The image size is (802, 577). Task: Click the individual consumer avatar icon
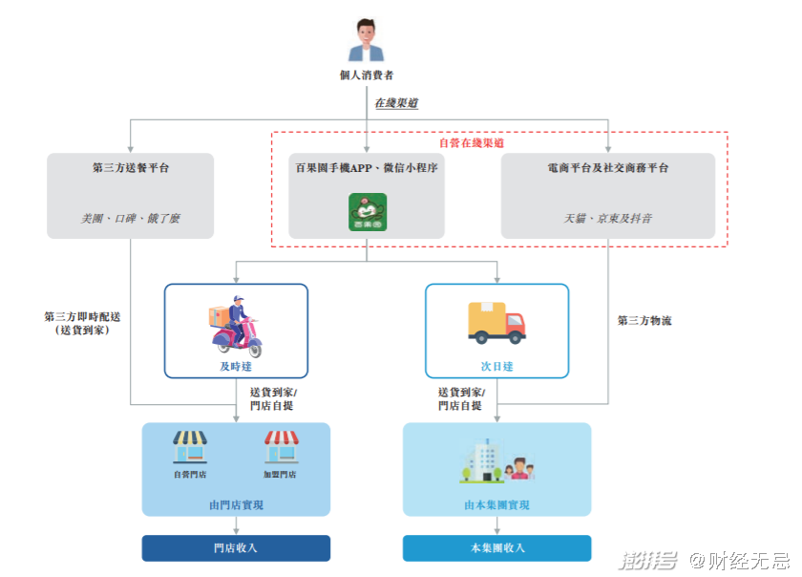click(367, 40)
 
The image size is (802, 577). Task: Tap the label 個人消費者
click(367, 75)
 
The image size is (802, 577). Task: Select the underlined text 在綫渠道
click(394, 102)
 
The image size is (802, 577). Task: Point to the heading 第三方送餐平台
click(131, 168)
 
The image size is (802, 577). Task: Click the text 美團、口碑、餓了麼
click(131, 219)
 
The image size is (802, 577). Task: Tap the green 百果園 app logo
click(367, 211)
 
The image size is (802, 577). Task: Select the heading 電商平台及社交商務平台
click(608, 168)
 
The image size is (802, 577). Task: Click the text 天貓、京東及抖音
click(608, 219)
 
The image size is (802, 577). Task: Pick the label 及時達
click(235, 367)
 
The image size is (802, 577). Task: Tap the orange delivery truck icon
click(496, 323)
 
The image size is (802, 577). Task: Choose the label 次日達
click(496, 367)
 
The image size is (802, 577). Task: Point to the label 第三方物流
click(644, 321)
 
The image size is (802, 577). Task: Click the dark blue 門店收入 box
click(236, 548)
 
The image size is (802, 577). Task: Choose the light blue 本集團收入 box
click(496, 548)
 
